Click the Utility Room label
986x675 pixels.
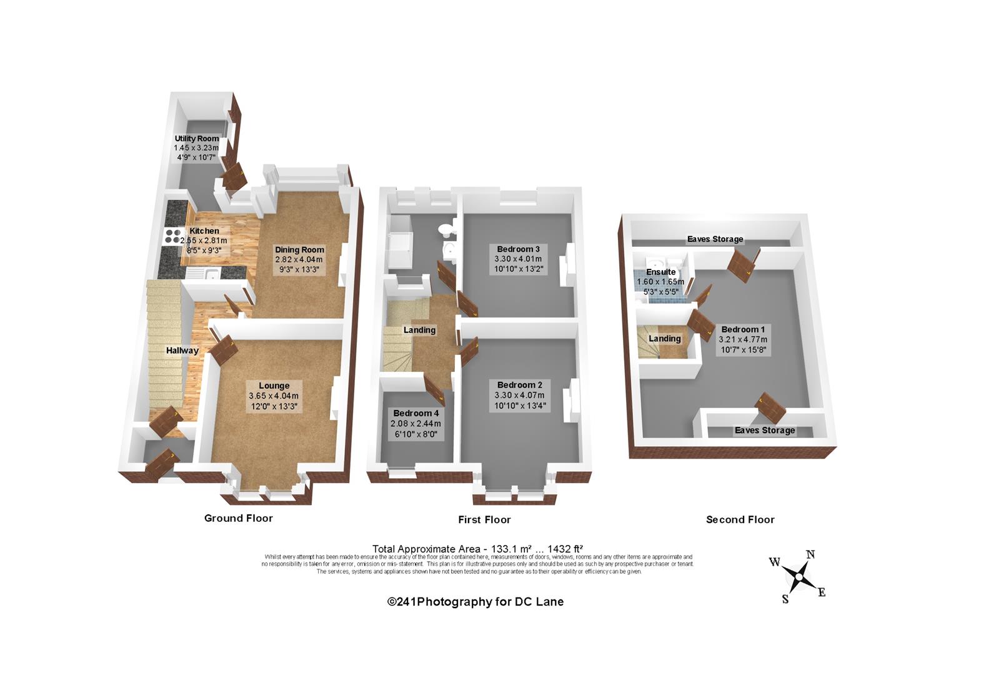coord(197,138)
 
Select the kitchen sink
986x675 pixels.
coord(209,274)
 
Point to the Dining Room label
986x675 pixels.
coord(300,249)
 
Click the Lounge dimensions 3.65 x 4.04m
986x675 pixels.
coord(274,396)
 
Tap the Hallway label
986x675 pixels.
coord(182,351)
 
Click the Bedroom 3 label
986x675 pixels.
coord(518,249)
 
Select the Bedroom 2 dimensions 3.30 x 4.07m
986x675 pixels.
coord(519,396)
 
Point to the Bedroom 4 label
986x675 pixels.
coord(416,413)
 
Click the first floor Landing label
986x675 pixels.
coord(419,330)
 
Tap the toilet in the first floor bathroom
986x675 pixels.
coord(445,229)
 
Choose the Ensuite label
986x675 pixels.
coord(660,272)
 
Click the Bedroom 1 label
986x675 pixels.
coord(743,329)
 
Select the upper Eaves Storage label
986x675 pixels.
coord(715,239)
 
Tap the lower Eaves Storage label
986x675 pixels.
coord(765,430)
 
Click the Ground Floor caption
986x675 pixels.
coord(239,518)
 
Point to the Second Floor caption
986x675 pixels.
coord(740,519)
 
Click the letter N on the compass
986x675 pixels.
coord(810,554)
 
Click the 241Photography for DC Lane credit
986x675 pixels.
coord(476,601)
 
